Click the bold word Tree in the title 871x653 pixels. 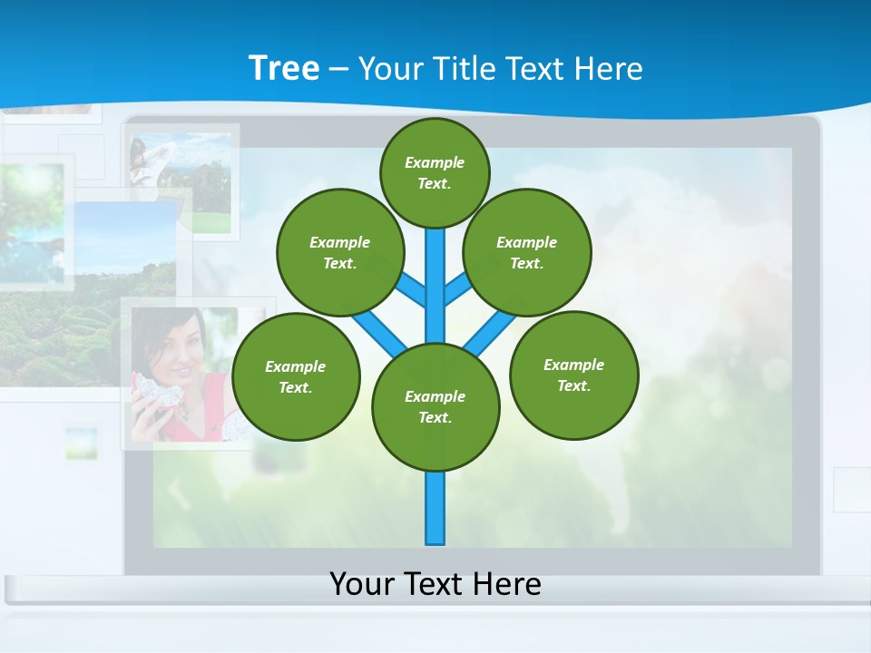tap(284, 68)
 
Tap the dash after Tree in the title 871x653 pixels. tap(338, 69)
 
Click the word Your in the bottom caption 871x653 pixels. tap(362, 583)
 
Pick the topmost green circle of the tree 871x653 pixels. tap(435, 172)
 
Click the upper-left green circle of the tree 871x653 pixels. tap(339, 252)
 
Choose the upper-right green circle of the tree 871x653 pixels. tap(527, 252)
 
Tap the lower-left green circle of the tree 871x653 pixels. tap(296, 376)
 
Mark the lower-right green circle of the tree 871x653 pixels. tap(573, 375)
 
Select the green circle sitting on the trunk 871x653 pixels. tap(435, 406)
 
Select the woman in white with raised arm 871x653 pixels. tap(145, 163)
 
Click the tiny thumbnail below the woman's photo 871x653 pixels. tap(81, 442)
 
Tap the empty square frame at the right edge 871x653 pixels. tap(853, 490)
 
